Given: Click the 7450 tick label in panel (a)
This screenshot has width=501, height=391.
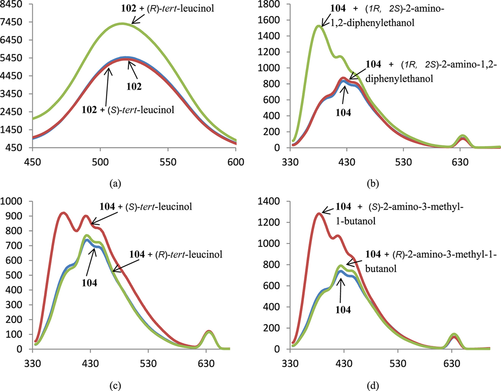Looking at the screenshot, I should tap(11, 22).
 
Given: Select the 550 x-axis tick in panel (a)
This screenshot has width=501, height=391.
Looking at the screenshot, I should tap(168, 162).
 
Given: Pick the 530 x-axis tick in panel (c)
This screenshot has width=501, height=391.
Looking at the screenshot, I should tap(148, 364).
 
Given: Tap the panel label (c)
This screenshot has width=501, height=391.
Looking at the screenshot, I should tap(115, 386).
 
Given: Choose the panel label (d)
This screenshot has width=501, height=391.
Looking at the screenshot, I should tap(373, 386).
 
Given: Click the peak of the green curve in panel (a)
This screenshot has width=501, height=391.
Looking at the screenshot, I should tap(122, 24).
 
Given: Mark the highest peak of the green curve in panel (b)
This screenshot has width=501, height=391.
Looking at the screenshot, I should tap(319, 26).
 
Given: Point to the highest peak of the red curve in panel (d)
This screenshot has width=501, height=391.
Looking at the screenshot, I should tap(319, 213).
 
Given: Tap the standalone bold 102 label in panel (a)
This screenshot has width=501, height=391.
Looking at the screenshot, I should tap(134, 86).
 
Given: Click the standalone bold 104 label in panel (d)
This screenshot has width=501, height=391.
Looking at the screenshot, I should tap(343, 310).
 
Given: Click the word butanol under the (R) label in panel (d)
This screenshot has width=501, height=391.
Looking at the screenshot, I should tap(381, 269).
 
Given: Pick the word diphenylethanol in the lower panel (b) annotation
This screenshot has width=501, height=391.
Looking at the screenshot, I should tap(399, 79).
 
